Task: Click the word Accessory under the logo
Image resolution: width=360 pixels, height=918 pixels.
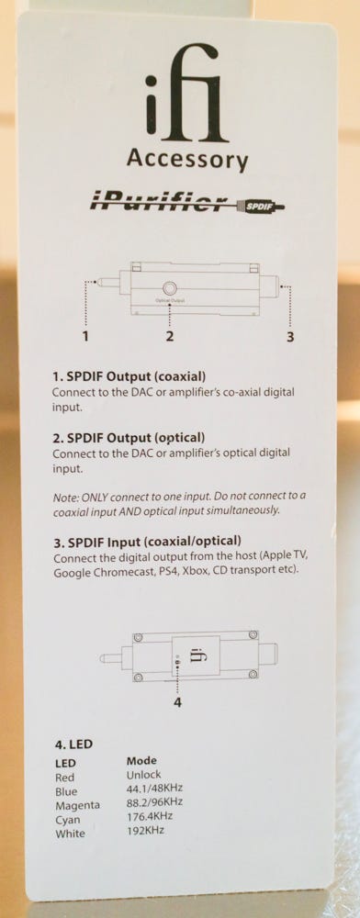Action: tap(187, 159)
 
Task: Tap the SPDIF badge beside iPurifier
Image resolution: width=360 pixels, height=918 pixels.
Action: tap(257, 206)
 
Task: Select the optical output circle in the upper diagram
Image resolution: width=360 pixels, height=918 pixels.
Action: tap(170, 288)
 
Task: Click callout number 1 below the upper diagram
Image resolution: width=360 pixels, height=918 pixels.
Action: tap(86, 336)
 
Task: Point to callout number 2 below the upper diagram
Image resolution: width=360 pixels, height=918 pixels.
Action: tap(169, 336)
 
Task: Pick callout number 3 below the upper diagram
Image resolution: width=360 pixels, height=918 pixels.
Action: tap(290, 337)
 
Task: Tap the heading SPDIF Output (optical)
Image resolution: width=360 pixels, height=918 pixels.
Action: tap(129, 437)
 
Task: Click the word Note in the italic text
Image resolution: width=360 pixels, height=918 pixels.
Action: tap(63, 497)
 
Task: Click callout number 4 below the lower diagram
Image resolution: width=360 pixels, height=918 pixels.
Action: tap(178, 702)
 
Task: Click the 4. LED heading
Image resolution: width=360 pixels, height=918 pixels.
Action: tap(73, 744)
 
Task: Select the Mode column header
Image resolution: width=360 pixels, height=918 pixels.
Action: tap(141, 761)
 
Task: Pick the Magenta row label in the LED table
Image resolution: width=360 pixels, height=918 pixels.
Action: tap(77, 805)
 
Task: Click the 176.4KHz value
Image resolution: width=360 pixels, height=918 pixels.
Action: tap(150, 815)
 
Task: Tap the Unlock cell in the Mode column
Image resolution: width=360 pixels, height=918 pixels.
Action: tap(143, 775)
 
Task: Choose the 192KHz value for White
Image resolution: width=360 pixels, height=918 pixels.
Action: tap(145, 830)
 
